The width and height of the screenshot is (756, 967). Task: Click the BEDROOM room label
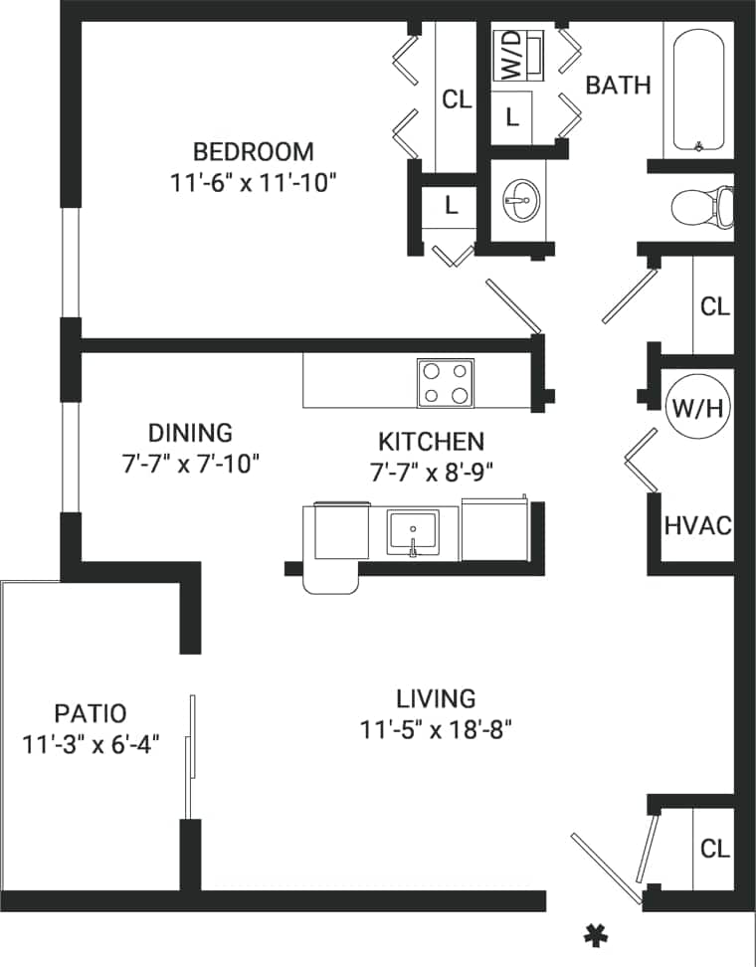[253, 152]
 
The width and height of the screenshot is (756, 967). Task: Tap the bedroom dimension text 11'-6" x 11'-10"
[253, 182]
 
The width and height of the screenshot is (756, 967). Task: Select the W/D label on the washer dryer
[511, 55]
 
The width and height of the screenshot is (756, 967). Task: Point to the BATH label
[618, 86]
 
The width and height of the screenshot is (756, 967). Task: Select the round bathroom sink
[518, 200]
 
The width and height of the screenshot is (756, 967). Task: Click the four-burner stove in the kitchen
[444, 383]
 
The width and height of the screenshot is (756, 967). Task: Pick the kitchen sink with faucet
[413, 535]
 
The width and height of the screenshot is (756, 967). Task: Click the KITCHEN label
[431, 442]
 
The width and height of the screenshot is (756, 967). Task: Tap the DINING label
[190, 433]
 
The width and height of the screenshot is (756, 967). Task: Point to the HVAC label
[697, 524]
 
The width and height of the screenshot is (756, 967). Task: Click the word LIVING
[436, 698]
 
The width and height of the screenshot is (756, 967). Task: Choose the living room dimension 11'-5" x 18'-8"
[436, 730]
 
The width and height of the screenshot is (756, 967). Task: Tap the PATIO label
[91, 713]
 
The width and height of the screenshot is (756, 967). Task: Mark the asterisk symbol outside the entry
[595, 934]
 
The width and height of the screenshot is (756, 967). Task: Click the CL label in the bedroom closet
[457, 99]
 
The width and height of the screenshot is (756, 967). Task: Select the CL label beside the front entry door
[715, 849]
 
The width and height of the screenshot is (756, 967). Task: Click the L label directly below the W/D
[511, 116]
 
